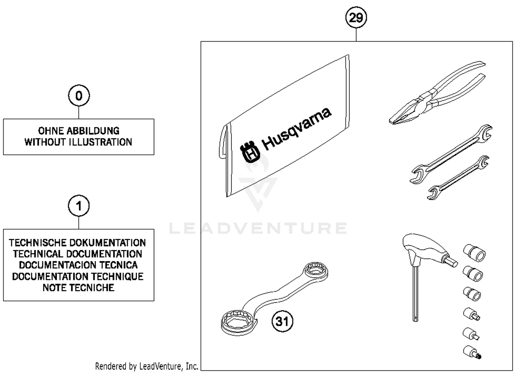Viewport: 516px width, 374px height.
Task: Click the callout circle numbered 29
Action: coord(356,17)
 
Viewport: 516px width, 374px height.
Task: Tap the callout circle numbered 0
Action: coord(79,95)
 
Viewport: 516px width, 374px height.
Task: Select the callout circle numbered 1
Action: coord(79,206)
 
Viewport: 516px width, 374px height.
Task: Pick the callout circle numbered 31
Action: coord(282,321)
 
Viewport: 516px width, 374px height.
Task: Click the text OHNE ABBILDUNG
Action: coord(79,131)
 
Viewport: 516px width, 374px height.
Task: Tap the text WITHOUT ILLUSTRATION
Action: coord(78,142)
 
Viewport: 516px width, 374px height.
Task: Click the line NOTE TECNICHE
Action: coord(78,287)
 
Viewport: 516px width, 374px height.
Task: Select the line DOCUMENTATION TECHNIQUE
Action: coord(78,276)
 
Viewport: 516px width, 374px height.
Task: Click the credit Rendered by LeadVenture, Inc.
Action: coord(147,366)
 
